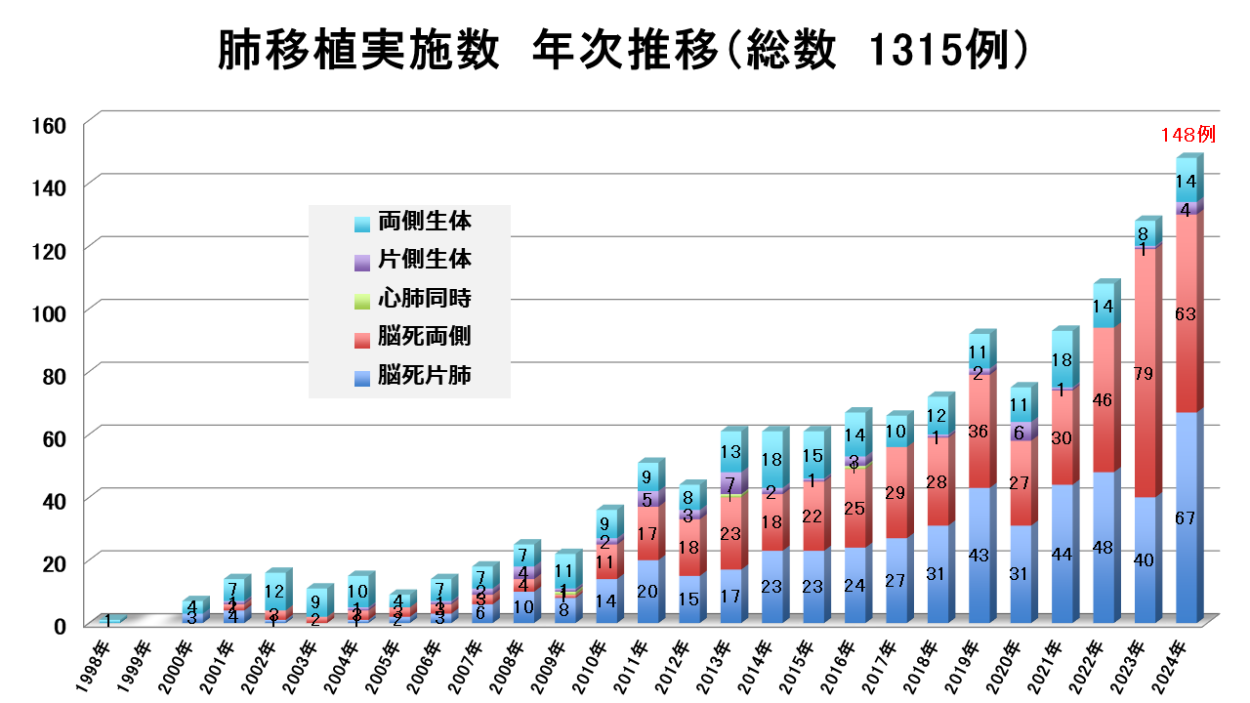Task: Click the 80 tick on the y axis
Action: click(x=54, y=374)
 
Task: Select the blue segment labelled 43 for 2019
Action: click(x=979, y=555)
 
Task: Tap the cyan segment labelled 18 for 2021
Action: click(x=1062, y=359)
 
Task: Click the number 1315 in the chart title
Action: click(x=910, y=51)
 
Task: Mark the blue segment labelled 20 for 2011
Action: click(x=647, y=591)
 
